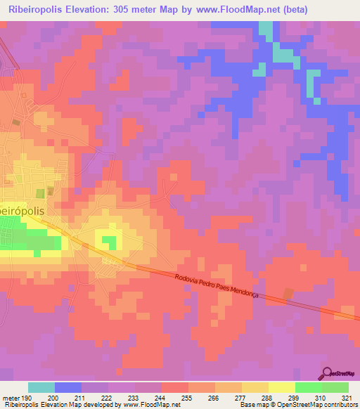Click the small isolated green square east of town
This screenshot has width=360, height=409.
pos(109,242)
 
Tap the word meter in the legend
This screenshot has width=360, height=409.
pos(11,398)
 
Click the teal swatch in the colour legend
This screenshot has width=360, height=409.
pos(41,387)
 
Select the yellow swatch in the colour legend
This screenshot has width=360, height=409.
pos(281,387)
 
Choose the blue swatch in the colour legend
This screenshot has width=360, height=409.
pos(68,387)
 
